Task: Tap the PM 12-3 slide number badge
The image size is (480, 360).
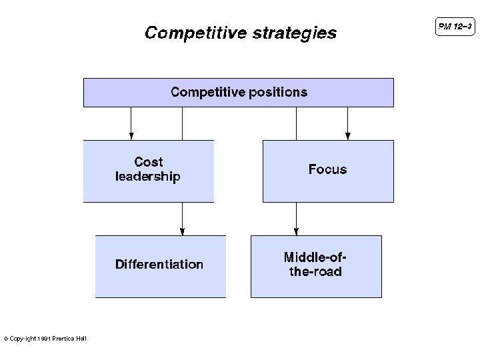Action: (x=455, y=27)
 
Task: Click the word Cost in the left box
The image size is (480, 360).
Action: (x=148, y=162)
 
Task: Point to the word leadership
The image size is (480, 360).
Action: (x=148, y=177)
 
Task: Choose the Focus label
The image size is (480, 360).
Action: (x=327, y=169)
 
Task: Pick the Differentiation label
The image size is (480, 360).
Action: (x=159, y=264)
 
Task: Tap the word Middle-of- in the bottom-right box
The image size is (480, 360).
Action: (x=315, y=257)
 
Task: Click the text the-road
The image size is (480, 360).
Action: (x=315, y=272)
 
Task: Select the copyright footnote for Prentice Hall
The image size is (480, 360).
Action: (x=45, y=339)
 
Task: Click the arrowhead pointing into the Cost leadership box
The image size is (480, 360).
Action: (x=131, y=136)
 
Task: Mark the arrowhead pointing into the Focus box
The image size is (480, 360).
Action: (x=347, y=136)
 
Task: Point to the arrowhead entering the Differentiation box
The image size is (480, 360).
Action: (x=182, y=231)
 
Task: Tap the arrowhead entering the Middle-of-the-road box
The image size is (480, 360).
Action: (x=297, y=231)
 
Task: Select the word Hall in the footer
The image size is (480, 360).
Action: (x=81, y=339)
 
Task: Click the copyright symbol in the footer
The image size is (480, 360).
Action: (x=6, y=339)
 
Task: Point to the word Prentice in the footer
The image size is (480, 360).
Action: (x=63, y=339)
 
